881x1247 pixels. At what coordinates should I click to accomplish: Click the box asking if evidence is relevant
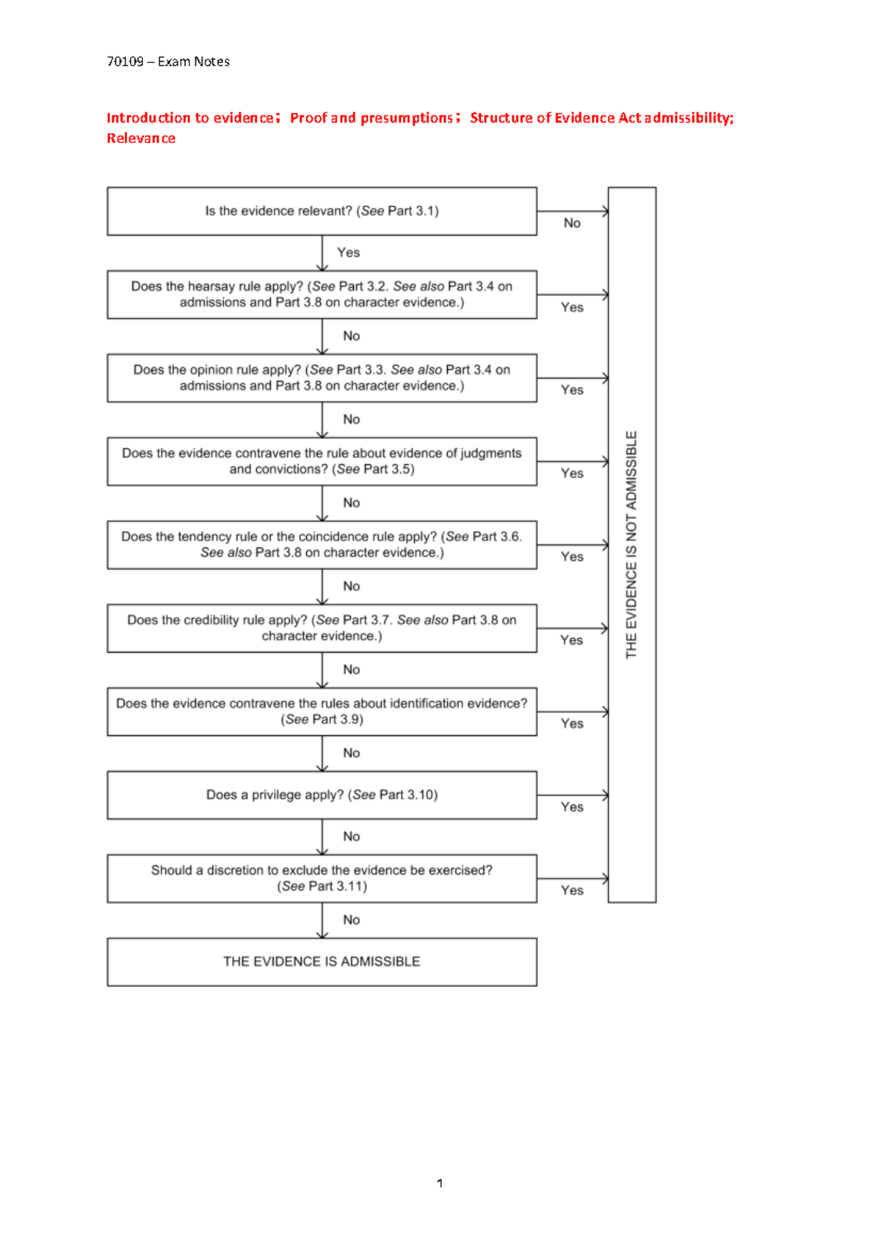point(322,212)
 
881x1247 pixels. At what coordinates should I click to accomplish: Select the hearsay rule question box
point(322,294)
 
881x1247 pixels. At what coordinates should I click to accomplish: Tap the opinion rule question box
point(322,377)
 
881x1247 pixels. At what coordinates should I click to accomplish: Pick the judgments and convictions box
point(322,461)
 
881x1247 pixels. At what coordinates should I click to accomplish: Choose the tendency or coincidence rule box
point(322,545)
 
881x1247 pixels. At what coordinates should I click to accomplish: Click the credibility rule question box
point(322,628)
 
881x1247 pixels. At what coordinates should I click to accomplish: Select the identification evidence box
point(322,712)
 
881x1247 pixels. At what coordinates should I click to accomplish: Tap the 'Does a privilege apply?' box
point(322,795)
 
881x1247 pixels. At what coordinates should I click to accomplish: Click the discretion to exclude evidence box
point(322,878)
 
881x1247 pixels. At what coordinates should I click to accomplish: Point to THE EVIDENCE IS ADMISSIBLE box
point(322,961)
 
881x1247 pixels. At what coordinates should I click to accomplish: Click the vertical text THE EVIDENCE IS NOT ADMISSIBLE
point(631,545)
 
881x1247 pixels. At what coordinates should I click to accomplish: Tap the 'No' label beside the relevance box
point(572,223)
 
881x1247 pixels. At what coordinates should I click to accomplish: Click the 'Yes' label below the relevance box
point(348,253)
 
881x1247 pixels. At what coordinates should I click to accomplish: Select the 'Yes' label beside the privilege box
point(572,807)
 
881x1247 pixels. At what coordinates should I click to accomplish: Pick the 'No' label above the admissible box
point(351,920)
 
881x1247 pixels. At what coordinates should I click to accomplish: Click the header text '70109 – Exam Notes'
point(168,62)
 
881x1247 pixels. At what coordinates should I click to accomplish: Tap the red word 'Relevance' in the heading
point(141,139)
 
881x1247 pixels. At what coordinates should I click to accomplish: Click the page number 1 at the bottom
point(440,1183)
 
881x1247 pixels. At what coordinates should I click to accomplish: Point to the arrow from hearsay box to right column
point(573,294)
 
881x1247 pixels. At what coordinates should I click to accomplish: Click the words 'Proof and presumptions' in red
point(371,118)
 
